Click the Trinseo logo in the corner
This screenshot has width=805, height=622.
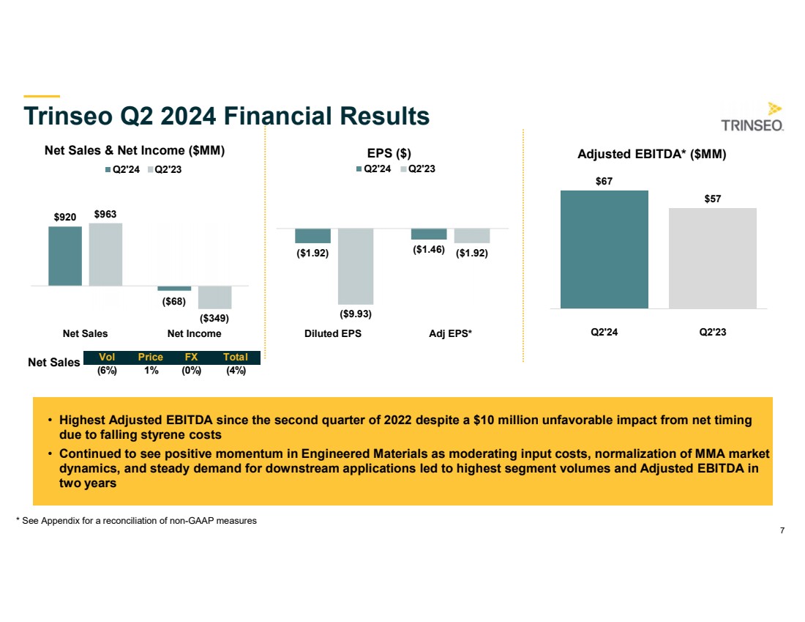pos(753,117)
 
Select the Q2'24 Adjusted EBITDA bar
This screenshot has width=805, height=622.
pos(604,249)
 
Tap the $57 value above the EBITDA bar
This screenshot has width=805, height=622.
pos(712,199)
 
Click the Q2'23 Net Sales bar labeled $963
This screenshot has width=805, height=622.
pos(105,254)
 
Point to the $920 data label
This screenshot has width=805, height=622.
pos(65,217)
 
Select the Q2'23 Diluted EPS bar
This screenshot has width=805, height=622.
pos(356,266)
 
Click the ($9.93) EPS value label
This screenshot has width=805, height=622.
pos(356,314)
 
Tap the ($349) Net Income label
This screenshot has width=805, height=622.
pos(214,319)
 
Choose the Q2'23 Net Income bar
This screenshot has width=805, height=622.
pos(214,297)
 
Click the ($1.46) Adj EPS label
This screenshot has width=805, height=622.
pos(428,249)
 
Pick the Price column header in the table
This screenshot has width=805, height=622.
pos(150,358)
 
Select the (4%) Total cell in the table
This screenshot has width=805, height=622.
pos(236,371)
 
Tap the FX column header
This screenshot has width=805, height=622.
pos(191,358)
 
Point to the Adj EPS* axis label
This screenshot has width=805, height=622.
pos(450,333)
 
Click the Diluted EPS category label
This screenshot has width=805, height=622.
pos(333,333)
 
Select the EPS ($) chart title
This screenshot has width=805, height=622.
pos(389,153)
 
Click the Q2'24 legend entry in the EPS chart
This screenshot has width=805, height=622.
pos(372,168)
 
